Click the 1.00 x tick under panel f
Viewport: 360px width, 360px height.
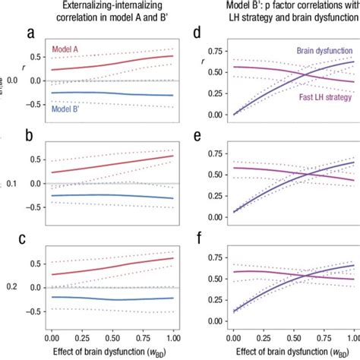352,335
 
